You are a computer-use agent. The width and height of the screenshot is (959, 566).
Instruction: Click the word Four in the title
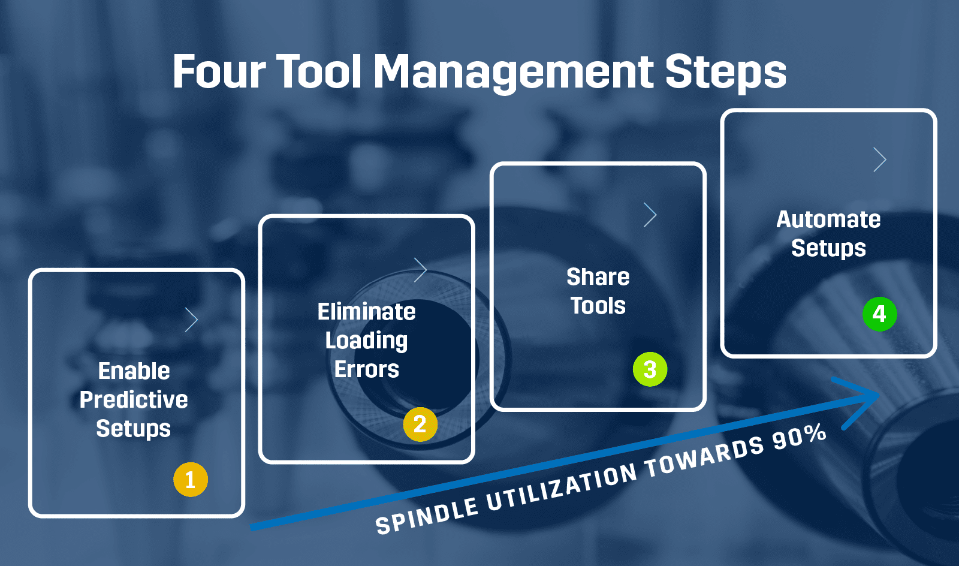coord(219,72)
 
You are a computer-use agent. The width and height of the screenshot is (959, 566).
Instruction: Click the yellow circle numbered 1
coord(191,480)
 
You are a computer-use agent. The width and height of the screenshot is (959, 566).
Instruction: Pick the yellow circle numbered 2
coord(420,424)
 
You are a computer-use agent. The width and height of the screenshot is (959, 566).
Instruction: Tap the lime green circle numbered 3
coord(650,369)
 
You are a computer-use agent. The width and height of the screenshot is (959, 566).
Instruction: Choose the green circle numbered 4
coord(879,314)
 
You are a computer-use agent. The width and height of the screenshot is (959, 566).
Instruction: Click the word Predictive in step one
coord(134,400)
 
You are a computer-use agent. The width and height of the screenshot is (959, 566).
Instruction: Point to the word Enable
coord(134,371)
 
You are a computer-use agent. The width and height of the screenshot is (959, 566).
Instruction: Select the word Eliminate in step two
coord(366,312)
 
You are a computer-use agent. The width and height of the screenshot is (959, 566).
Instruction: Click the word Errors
coord(366,369)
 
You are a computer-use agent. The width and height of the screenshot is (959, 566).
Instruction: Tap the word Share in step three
coord(598,277)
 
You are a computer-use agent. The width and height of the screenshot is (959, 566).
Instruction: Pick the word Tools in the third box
coord(598,306)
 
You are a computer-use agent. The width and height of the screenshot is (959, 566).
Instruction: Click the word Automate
coord(828,219)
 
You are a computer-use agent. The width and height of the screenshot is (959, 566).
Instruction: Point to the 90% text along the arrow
coord(799,436)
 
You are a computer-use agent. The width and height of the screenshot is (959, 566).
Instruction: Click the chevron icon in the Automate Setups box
coord(879,159)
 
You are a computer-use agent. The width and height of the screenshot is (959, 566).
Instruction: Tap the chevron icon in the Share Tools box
coord(650,215)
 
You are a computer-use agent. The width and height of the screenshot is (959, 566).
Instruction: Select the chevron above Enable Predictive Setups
coord(191,320)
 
